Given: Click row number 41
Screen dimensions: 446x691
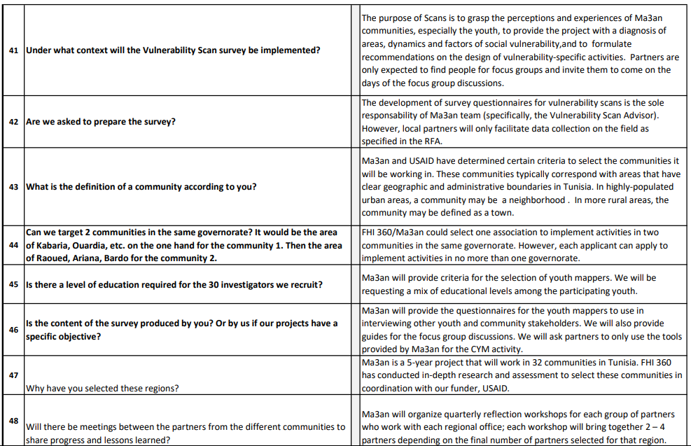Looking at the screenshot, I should pos(13,51).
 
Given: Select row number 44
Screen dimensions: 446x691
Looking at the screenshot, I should pos(13,245).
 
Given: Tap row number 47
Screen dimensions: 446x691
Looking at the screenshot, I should pos(13,375).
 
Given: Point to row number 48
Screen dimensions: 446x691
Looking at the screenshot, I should pos(13,420).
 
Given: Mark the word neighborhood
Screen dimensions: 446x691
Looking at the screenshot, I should pos(538,200).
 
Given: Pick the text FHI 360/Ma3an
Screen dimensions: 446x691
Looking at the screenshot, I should pos(395,232).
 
